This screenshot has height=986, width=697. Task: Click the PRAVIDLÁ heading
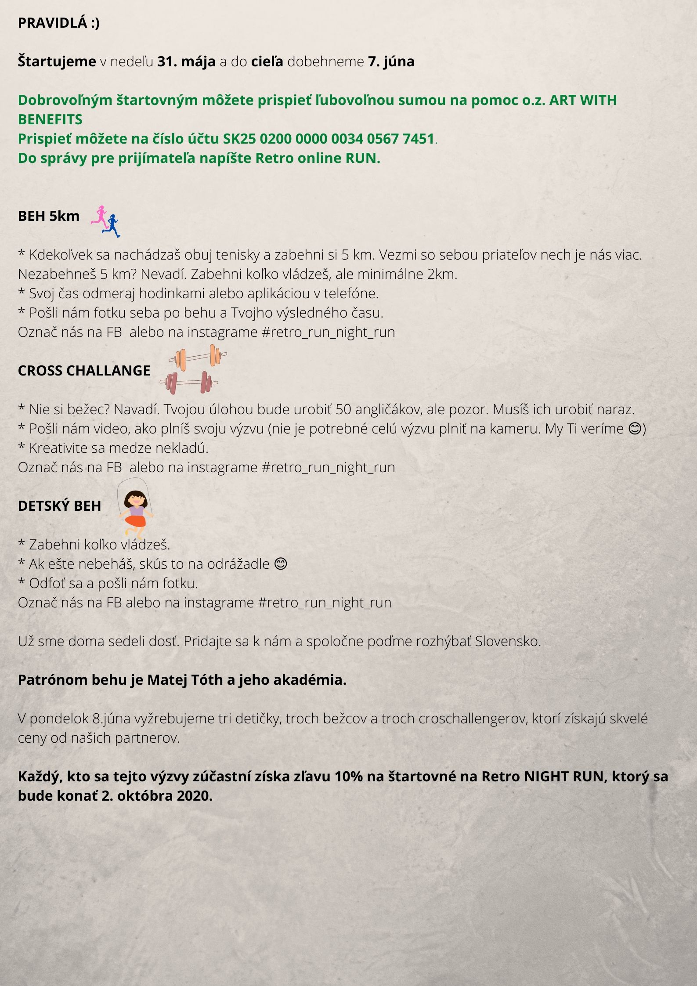pos(58,23)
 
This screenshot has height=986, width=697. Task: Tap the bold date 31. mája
pos(186,61)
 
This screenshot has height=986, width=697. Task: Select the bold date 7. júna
pos(391,61)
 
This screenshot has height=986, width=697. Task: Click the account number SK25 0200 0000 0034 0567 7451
pos(329,139)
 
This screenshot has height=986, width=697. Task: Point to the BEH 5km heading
pos(49,216)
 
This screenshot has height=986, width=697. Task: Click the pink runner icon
pos(100,215)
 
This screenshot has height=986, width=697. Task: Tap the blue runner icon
pos(112,225)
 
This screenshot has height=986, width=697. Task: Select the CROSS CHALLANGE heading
pos(84,371)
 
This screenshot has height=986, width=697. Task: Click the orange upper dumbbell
pos(198,356)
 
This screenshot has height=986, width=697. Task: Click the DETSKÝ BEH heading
pos(59,506)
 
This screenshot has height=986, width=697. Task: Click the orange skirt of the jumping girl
pos(136,520)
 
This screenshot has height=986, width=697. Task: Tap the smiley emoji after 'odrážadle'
pos(280,564)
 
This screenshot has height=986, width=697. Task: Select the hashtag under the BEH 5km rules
pos(328,332)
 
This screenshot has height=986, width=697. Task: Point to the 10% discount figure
pos(348,777)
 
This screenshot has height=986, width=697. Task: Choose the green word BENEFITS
pos(50,119)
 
